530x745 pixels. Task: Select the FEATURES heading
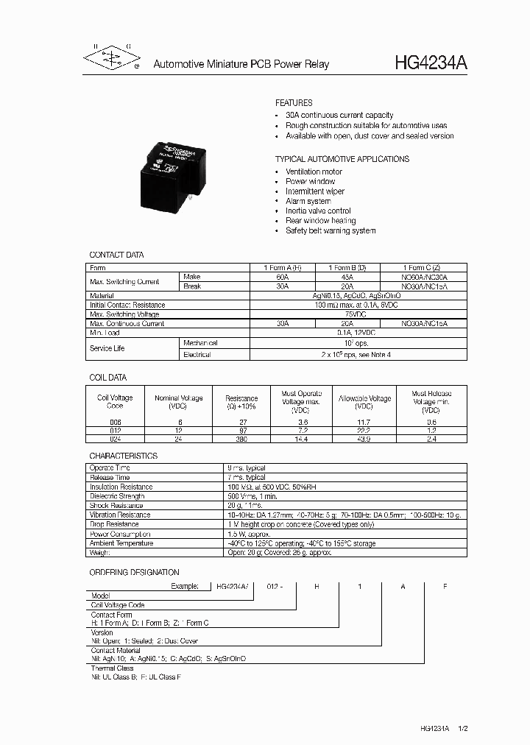(294, 103)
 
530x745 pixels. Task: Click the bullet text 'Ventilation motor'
(314, 172)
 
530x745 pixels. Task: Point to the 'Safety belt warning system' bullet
(331, 230)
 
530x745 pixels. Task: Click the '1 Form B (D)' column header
(347, 268)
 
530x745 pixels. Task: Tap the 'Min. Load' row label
(105, 333)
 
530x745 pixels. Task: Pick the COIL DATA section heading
(108, 378)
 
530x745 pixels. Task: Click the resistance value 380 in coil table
(241, 438)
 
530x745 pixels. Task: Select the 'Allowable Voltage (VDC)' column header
(364, 402)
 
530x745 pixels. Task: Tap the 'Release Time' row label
(110, 477)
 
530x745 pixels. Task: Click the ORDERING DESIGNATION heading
(134, 572)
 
